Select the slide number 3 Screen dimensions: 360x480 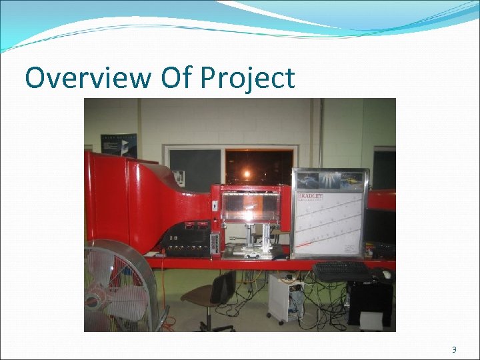(x=454, y=350)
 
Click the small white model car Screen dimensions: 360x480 (x=252, y=255)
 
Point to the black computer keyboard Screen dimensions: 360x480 (x=341, y=271)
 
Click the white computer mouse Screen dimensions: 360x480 (x=386, y=274)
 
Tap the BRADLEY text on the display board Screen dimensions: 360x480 (x=310, y=198)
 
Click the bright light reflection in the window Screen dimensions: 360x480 (x=247, y=175)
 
